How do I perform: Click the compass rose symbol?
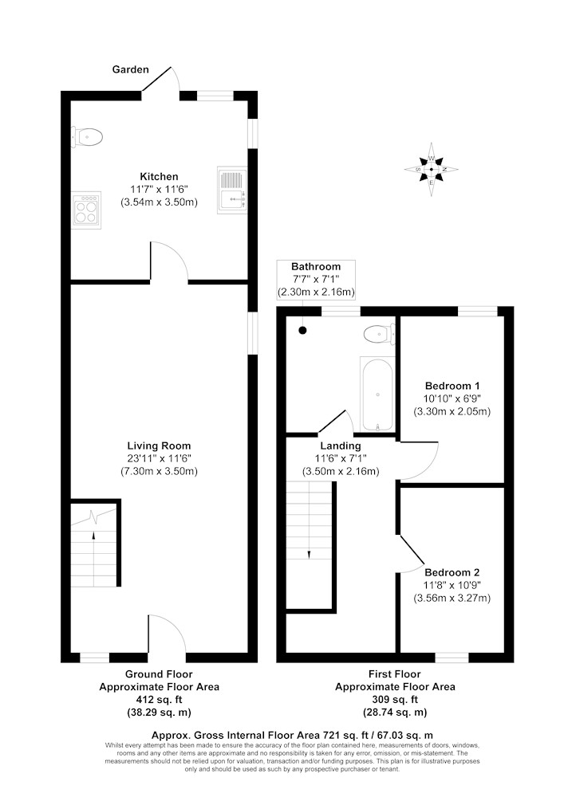click(x=432, y=169)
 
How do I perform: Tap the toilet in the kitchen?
click(x=87, y=137)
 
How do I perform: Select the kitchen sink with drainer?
click(x=232, y=190)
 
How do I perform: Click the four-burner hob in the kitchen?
click(x=85, y=210)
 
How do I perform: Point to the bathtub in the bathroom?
click(x=377, y=395)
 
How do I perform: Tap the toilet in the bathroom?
click(x=380, y=334)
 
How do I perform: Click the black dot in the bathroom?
click(x=302, y=331)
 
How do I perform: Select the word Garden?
click(x=131, y=69)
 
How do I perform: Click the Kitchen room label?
click(x=160, y=176)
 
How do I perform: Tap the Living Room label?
click(x=160, y=446)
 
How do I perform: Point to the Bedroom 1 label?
click(x=452, y=386)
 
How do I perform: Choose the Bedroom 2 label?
click(x=452, y=572)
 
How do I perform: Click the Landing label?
click(x=340, y=446)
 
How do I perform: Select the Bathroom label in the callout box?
click(x=316, y=266)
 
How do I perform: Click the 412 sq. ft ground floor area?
click(x=160, y=700)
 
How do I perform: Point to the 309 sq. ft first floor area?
click(x=395, y=700)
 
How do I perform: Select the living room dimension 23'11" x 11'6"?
click(x=160, y=458)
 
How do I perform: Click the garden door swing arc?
click(x=176, y=77)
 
